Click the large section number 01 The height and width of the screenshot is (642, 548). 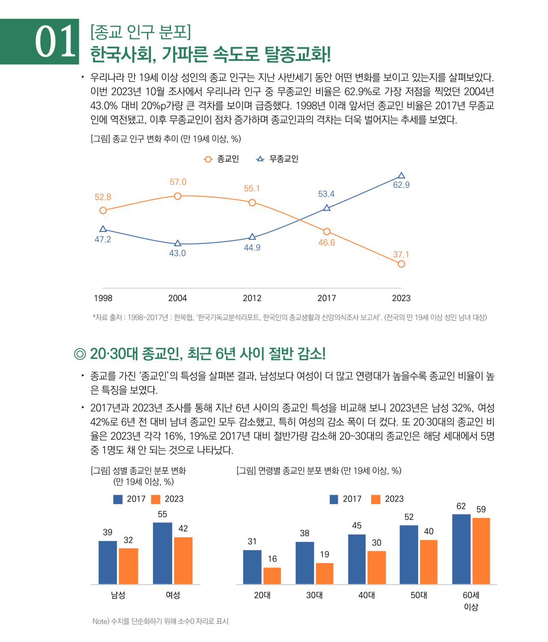55,42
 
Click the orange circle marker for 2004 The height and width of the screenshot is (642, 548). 178,196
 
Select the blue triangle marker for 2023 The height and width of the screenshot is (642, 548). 401,175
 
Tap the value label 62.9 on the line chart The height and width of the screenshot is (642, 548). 401,185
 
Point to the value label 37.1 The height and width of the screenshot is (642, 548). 401,254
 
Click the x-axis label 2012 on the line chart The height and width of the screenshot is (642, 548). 252,298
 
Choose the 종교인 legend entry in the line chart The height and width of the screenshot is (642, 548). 221,159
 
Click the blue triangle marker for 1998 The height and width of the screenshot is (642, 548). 103,229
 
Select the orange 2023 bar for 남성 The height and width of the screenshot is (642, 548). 128,566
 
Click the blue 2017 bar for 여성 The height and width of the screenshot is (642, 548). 162,553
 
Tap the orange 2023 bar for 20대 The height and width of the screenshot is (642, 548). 272,576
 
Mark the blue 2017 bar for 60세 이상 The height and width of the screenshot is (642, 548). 461,549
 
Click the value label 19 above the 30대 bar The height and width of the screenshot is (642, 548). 325,554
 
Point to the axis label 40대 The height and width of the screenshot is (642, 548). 366,595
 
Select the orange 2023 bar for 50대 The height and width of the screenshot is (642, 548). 429,562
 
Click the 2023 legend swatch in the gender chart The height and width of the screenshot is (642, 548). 156,499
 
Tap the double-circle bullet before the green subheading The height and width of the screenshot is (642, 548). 80,354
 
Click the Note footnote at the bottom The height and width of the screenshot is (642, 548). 160,621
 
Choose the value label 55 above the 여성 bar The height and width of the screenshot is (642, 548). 162,514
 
